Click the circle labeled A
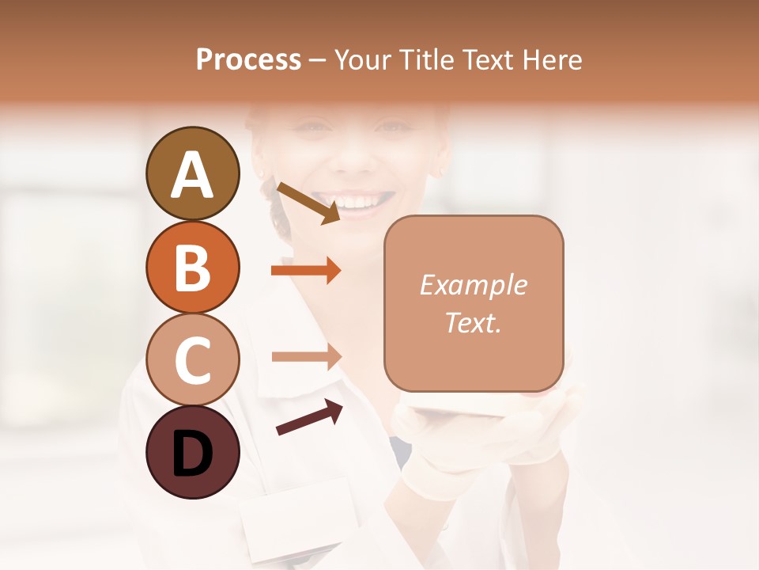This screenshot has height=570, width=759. (x=192, y=173)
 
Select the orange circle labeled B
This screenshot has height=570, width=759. (x=192, y=267)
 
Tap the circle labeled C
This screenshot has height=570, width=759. (x=192, y=360)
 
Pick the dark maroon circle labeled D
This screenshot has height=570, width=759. (x=192, y=453)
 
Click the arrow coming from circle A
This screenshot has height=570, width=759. (x=308, y=203)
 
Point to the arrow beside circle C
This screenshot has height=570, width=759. (x=306, y=357)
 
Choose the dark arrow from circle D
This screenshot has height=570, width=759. (x=309, y=417)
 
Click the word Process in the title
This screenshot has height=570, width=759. (x=248, y=60)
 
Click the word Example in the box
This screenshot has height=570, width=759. (x=473, y=285)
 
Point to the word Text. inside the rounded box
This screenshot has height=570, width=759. (x=473, y=322)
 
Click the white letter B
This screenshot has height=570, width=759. (x=192, y=268)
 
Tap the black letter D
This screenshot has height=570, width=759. (x=192, y=454)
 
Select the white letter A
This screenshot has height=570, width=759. (x=192, y=175)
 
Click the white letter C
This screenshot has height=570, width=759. (x=192, y=361)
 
